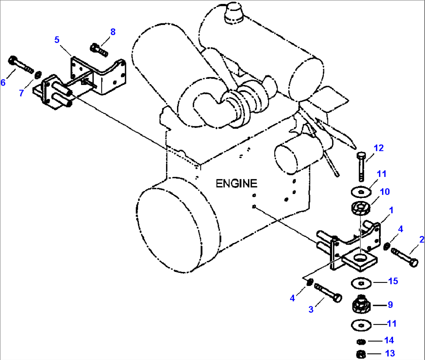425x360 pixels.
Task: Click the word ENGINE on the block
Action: (237, 183)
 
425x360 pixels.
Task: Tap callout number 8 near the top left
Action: (113, 32)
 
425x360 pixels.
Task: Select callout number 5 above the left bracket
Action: (57, 39)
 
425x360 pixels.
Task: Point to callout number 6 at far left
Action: (3, 82)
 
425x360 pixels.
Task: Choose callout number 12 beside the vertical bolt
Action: (379, 148)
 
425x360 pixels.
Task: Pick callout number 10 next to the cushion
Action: (385, 192)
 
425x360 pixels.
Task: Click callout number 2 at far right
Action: (421, 239)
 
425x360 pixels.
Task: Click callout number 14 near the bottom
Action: (389, 341)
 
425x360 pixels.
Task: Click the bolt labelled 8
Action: (99, 49)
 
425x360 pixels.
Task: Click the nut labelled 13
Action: (361, 353)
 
